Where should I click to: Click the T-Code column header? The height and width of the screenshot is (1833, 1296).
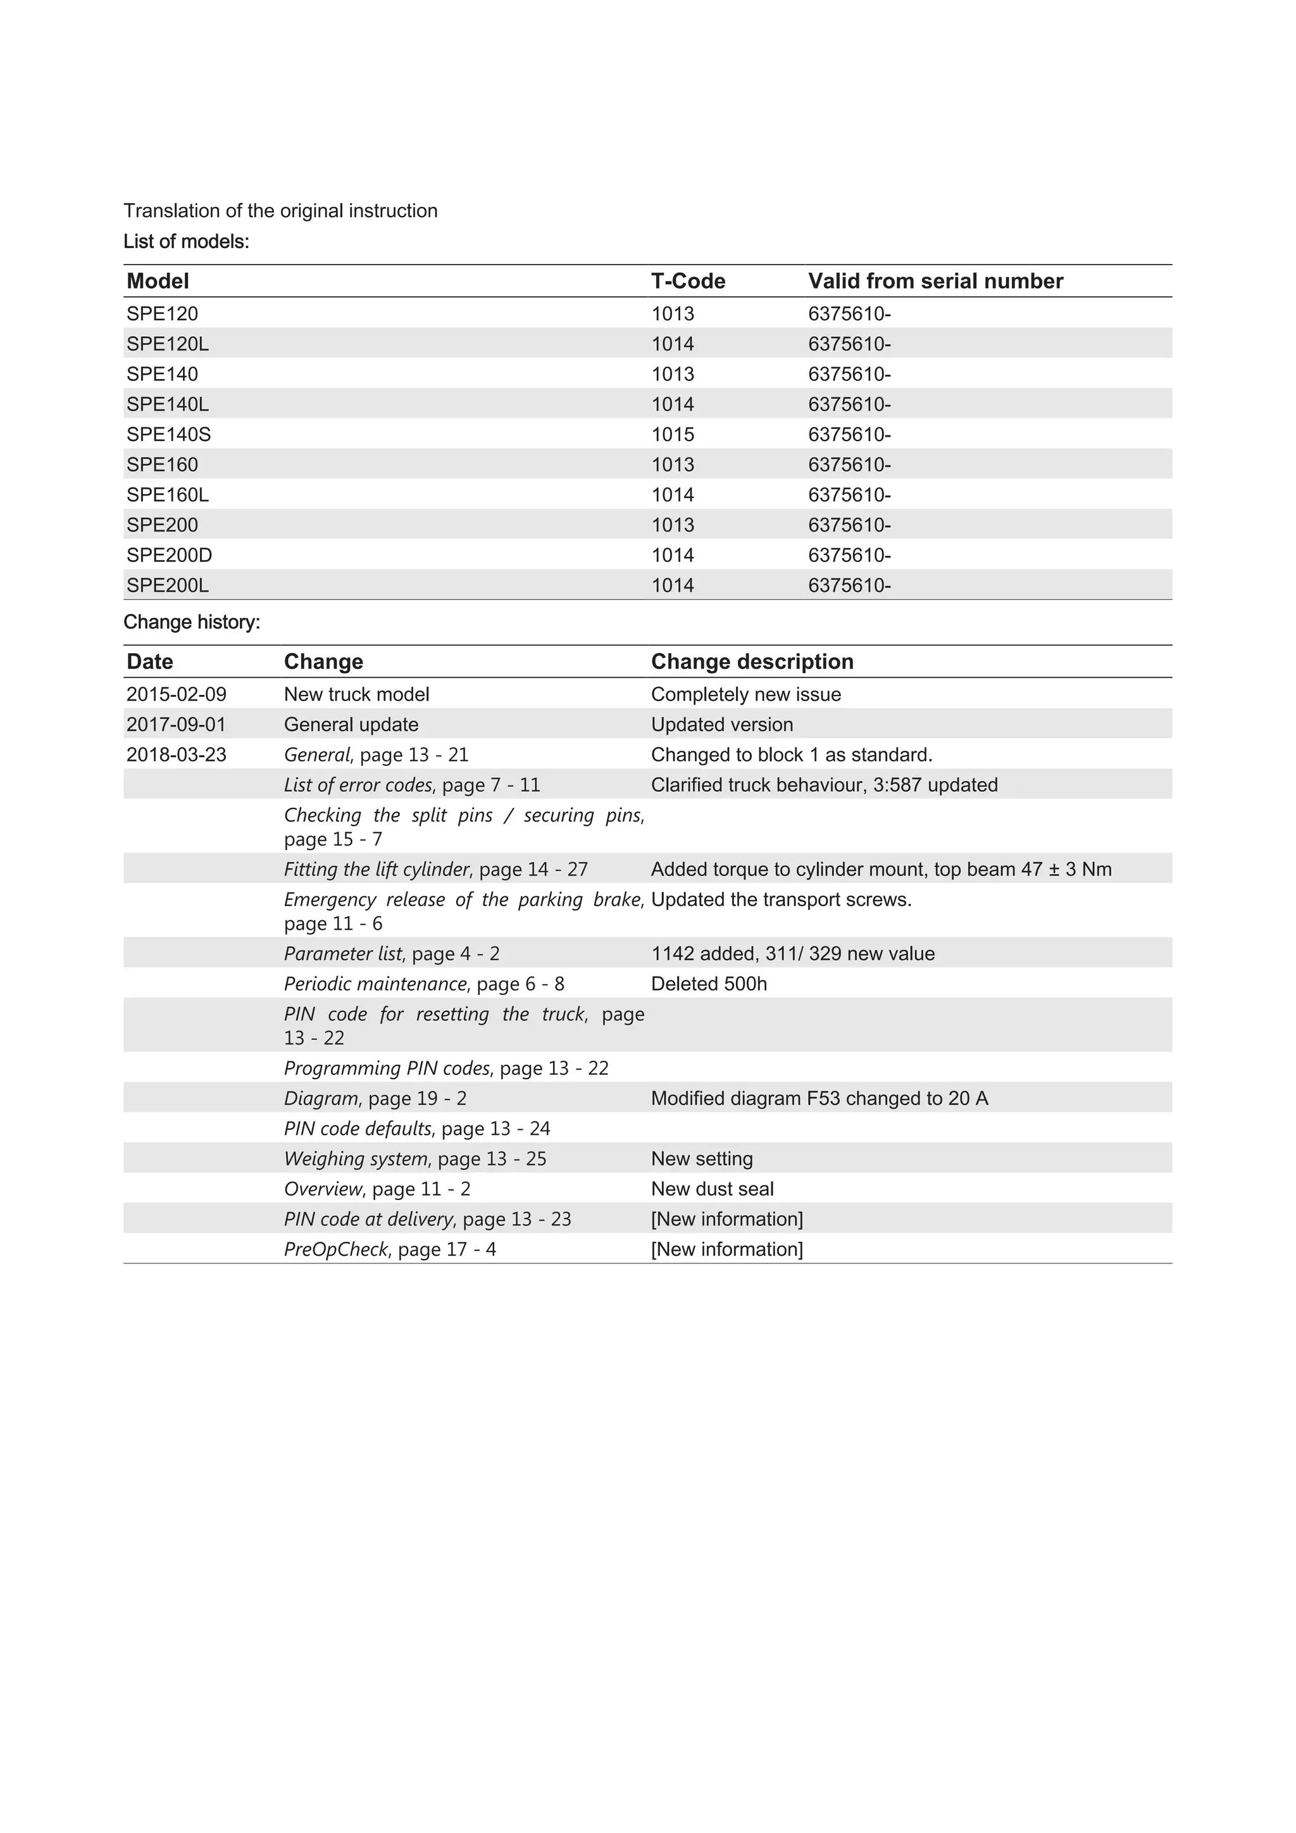pyautogui.click(x=688, y=281)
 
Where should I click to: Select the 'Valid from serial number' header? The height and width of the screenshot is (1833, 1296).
pyautogui.click(x=935, y=281)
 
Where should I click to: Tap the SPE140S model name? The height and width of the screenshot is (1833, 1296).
pyautogui.click(x=168, y=434)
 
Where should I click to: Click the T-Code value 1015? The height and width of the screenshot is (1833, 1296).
pyautogui.click(x=673, y=434)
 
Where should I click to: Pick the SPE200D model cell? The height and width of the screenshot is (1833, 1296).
pyautogui.click(x=169, y=555)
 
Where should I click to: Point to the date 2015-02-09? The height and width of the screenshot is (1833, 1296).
pyautogui.click(x=177, y=694)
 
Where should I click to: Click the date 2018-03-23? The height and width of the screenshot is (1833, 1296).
pyautogui.click(x=177, y=754)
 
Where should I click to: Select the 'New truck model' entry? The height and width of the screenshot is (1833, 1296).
pyautogui.click(x=357, y=694)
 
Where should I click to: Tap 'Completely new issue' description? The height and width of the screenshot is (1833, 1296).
pyautogui.click(x=746, y=694)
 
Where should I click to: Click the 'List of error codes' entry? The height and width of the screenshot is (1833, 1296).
pyautogui.click(x=412, y=785)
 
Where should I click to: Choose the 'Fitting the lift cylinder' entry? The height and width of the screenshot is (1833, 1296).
pyautogui.click(x=436, y=870)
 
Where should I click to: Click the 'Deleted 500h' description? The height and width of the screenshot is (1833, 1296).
pyautogui.click(x=709, y=984)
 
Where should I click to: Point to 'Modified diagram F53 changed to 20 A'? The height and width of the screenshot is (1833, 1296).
pyautogui.click(x=819, y=1099)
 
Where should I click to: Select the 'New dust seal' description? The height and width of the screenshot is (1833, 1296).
pyautogui.click(x=713, y=1189)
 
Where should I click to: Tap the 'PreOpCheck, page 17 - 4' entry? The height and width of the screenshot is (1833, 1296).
pyautogui.click(x=390, y=1249)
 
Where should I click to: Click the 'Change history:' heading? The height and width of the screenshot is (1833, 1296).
pyautogui.click(x=192, y=622)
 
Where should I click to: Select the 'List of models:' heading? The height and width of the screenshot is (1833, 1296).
pyautogui.click(x=186, y=241)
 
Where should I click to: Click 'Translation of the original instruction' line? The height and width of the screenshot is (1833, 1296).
pyautogui.click(x=280, y=211)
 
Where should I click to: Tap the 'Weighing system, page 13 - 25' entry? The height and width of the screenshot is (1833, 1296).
pyautogui.click(x=415, y=1158)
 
